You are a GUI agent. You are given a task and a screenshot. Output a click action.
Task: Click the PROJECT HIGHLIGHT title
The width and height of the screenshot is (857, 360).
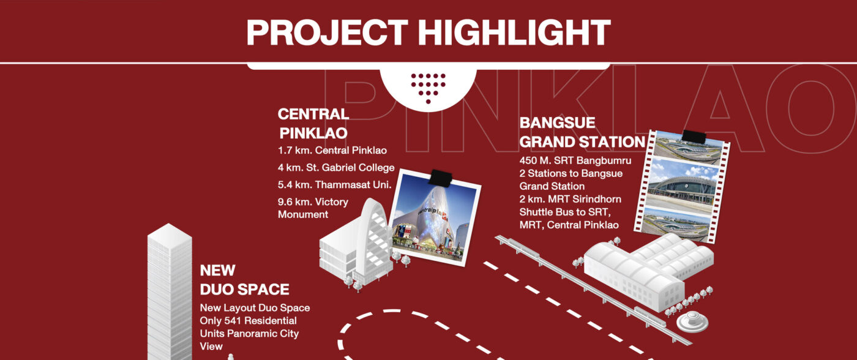(428, 33)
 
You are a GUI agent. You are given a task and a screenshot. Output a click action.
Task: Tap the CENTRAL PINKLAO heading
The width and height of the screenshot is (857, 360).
(313, 124)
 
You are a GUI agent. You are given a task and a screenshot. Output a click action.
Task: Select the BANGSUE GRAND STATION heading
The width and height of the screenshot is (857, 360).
(582, 132)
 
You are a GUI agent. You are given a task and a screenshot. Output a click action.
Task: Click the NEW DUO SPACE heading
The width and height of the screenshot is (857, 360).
(244, 280)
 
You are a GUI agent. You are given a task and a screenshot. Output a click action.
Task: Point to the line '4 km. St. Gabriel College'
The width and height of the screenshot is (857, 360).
(336, 168)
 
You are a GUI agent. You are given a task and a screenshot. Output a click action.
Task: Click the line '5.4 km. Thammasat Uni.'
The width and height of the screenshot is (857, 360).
(334, 185)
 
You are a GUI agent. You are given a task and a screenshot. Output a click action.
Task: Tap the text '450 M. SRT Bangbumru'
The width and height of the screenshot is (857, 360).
(575, 160)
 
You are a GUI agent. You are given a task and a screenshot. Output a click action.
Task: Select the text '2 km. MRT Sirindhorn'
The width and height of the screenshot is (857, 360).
(570, 199)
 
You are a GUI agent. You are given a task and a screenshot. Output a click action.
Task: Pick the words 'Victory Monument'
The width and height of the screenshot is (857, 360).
(313, 208)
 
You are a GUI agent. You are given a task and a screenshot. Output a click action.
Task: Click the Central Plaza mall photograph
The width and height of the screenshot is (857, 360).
(435, 218)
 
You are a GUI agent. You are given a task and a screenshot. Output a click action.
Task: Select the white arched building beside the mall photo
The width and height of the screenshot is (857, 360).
(356, 244)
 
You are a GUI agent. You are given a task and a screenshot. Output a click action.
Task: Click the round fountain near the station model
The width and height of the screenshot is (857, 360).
(692, 321)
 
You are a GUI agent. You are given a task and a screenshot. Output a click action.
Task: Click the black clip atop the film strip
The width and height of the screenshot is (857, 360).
(694, 137)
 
